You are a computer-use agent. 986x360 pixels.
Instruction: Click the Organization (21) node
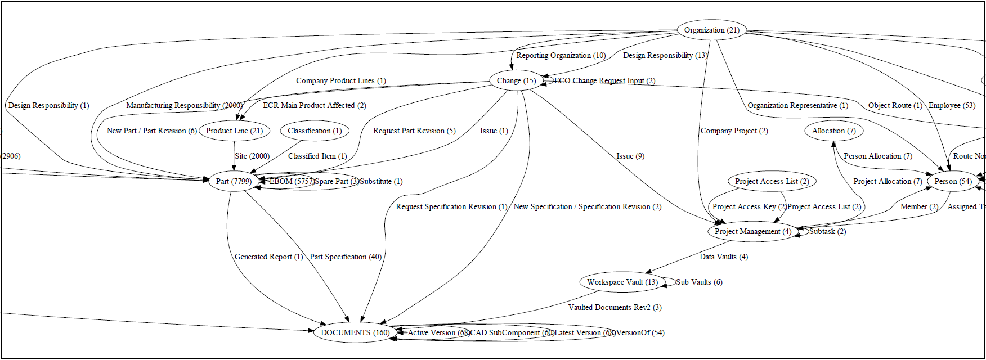click(x=711, y=30)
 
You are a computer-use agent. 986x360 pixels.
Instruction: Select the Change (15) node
click(x=516, y=80)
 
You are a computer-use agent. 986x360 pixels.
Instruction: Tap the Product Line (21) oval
click(x=234, y=130)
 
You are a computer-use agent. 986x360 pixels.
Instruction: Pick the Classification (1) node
click(x=315, y=130)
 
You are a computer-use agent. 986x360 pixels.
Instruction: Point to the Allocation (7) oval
click(x=833, y=130)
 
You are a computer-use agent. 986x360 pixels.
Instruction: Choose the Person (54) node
click(x=953, y=181)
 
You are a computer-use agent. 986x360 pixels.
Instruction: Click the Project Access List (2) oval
click(x=772, y=181)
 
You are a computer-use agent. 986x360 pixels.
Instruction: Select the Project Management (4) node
click(x=752, y=231)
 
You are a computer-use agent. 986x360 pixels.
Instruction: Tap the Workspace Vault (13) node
click(x=622, y=282)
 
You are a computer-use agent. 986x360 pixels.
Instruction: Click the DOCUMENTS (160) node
click(x=355, y=332)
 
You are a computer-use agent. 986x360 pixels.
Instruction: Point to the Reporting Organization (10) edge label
click(x=561, y=55)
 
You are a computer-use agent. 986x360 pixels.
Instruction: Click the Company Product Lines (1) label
click(x=341, y=80)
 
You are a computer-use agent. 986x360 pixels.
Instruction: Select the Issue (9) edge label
click(x=630, y=156)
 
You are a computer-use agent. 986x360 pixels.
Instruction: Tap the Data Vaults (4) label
click(x=724, y=256)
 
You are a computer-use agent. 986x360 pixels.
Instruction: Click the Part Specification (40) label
click(x=346, y=256)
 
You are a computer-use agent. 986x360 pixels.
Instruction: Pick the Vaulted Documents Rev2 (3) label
click(x=615, y=307)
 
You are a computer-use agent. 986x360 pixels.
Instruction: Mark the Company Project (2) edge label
click(x=734, y=130)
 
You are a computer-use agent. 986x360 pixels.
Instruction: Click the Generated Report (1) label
click(x=268, y=256)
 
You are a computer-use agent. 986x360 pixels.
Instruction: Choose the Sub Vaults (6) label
click(x=699, y=282)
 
